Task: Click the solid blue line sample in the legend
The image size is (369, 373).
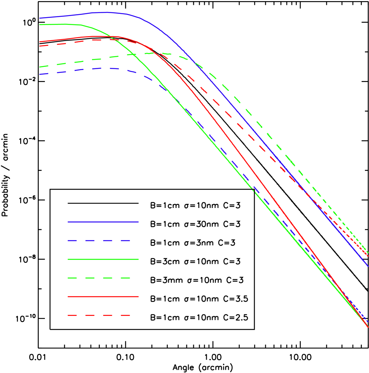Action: [x=103, y=222]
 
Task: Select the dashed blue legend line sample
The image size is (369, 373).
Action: [x=99, y=240]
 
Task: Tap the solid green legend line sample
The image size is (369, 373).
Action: [x=103, y=259]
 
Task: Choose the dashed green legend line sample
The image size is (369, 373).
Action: [x=99, y=278]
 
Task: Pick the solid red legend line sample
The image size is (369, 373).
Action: [x=103, y=296]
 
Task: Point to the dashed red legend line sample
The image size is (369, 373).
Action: [x=99, y=315]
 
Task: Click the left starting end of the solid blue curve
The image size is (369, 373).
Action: [x=40, y=18]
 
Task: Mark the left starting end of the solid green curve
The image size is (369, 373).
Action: [x=40, y=24]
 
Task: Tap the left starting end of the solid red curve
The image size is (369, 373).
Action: [x=40, y=42]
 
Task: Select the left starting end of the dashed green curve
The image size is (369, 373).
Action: [x=40, y=67]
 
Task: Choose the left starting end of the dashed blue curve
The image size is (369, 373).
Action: [x=40, y=74]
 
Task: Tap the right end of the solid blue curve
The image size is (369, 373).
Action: [x=368, y=266]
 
